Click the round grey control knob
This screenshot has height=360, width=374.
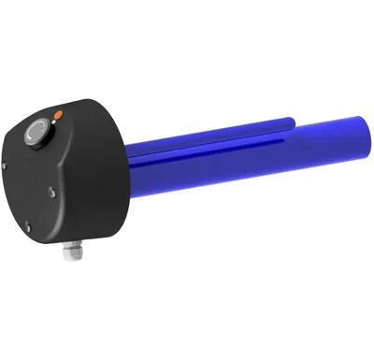point(37,133)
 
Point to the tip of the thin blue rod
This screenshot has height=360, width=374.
point(293,119)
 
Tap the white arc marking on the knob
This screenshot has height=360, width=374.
point(33,135)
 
